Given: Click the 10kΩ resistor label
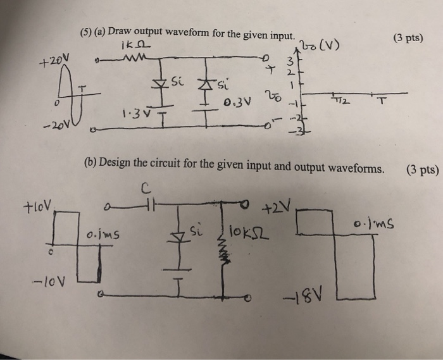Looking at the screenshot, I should pyautogui.click(x=248, y=228).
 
